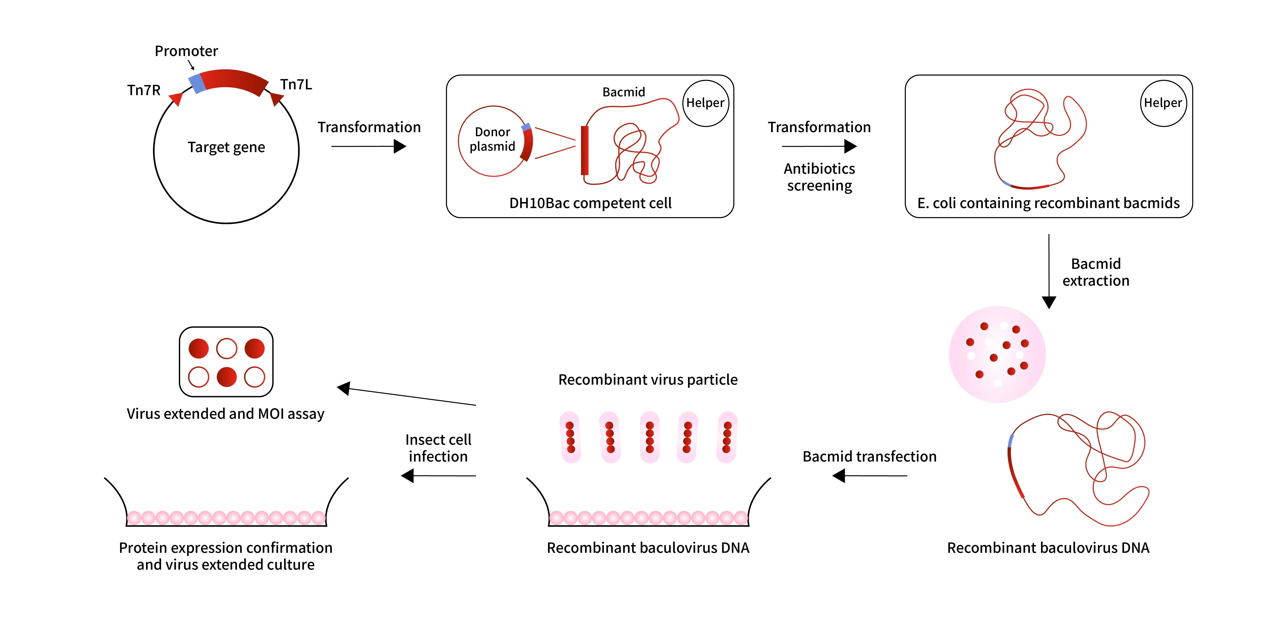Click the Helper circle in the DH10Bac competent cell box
(705, 103)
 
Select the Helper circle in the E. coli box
(1163, 103)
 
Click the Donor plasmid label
(492, 139)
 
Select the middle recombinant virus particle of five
(650, 437)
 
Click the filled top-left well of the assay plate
(199, 348)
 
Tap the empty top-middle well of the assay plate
(226, 348)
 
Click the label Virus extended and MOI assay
(225, 414)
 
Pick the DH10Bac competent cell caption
(590, 203)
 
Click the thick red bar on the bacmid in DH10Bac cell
(585, 150)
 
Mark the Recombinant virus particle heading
(647, 380)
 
